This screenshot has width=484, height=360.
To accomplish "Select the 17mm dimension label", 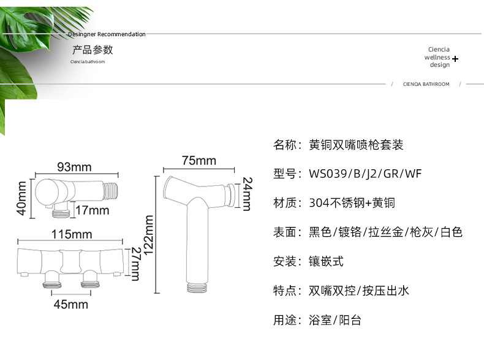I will tap(92, 210).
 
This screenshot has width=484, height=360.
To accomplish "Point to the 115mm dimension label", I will tap(72, 234).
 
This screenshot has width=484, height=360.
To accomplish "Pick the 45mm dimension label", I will tap(70, 304).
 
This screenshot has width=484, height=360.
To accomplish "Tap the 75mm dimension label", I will tap(199, 161).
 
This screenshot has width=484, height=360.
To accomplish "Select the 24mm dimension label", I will tap(247, 193).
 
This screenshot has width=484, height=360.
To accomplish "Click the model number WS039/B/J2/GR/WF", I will tap(365, 174).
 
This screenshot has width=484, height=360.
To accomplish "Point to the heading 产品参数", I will tap(93, 50).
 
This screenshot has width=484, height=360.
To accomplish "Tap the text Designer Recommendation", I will tap(107, 34).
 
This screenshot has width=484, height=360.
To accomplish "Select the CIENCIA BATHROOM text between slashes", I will tap(426, 84).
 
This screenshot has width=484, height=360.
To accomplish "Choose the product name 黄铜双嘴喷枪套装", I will tap(356, 145).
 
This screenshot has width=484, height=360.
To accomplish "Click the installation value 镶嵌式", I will tap(326, 261).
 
